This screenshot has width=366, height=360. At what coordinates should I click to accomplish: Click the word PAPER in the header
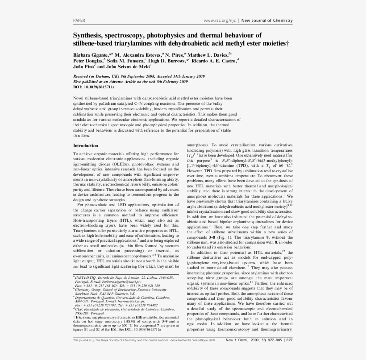(x=79, y=21)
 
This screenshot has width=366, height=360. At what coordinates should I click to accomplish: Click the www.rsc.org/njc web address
(x=220, y=21)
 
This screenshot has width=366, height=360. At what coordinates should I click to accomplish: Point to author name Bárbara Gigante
(x=90, y=54)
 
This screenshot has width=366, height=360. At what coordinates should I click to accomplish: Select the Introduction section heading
(x=86, y=146)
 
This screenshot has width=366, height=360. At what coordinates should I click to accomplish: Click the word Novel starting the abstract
(x=78, y=97)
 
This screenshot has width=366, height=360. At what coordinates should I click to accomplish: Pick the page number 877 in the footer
(x=289, y=340)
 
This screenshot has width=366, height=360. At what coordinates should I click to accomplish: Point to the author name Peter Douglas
(x=87, y=61)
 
